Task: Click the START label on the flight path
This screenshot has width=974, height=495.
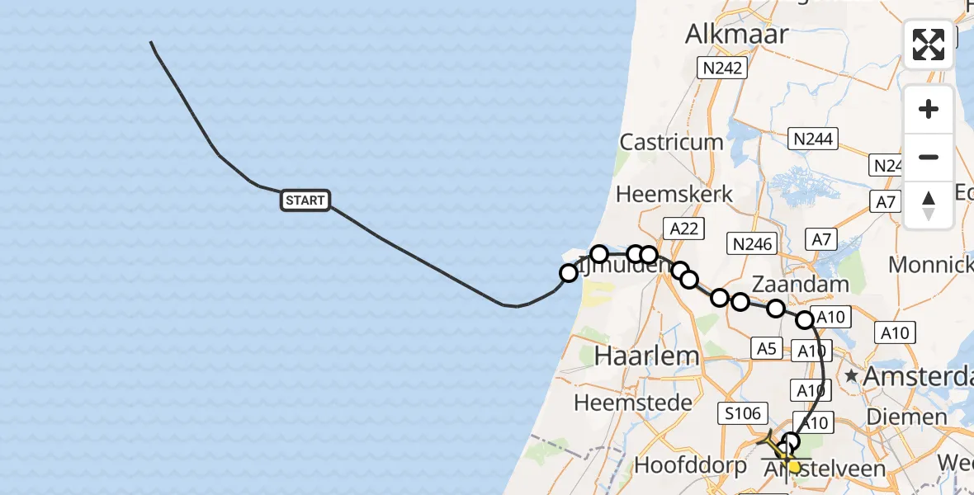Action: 305,200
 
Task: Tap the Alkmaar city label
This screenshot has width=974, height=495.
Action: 736,35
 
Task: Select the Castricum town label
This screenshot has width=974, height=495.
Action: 671,142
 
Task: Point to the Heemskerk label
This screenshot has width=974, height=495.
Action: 675,195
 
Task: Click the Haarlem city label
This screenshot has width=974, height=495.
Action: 635,356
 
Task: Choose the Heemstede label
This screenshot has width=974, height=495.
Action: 621,403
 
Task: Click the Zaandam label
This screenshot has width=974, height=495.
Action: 801,285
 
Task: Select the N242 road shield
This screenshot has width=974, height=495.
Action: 721,68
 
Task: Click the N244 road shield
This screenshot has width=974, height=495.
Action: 812,139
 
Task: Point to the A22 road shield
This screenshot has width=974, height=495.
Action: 683,229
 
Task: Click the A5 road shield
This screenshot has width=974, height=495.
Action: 767,349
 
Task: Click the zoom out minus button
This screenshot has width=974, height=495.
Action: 929,157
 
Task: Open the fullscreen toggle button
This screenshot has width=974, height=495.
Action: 929,45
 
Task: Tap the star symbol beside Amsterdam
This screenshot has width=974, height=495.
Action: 851,376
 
